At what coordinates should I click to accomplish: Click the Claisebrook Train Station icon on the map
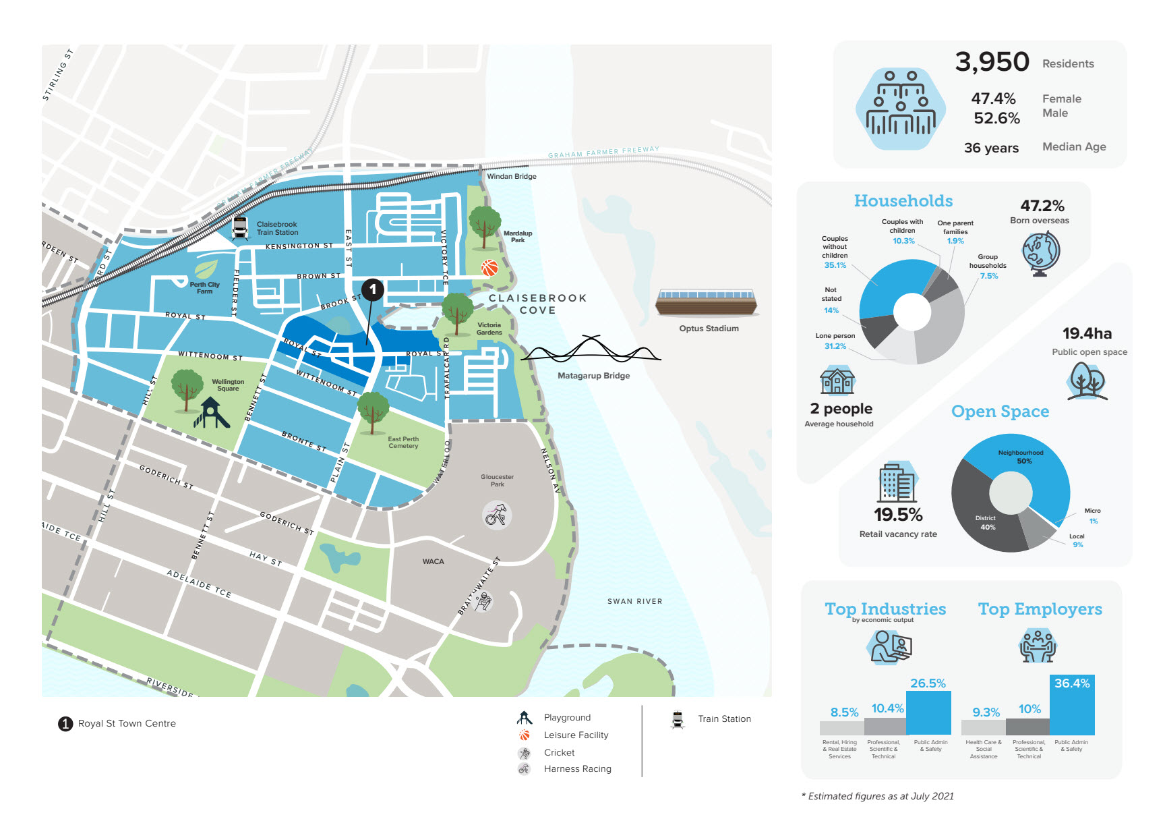(x=239, y=228)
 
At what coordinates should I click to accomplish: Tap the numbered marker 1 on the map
(x=373, y=289)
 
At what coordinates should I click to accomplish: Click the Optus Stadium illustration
(x=707, y=303)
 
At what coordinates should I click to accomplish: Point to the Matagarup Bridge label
(x=593, y=376)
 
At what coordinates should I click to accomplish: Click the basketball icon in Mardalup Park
(x=489, y=268)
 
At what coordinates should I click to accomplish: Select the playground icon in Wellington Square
(x=211, y=413)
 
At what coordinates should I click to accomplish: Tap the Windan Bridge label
(x=512, y=177)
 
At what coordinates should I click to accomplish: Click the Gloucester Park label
(x=497, y=480)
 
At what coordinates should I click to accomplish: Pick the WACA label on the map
(x=433, y=561)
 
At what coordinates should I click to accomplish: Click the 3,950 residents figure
(x=992, y=62)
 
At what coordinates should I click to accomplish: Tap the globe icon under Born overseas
(x=1040, y=254)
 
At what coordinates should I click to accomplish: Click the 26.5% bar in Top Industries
(x=928, y=712)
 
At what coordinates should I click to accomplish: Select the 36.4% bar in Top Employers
(x=1072, y=705)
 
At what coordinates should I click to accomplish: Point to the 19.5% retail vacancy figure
(x=898, y=515)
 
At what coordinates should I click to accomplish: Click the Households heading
(x=903, y=201)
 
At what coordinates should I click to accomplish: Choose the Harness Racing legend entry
(x=577, y=769)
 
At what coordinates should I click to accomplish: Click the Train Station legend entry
(x=724, y=719)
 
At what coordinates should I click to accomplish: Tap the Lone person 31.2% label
(x=835, y=341)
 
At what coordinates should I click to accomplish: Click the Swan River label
(x=634, y=601)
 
